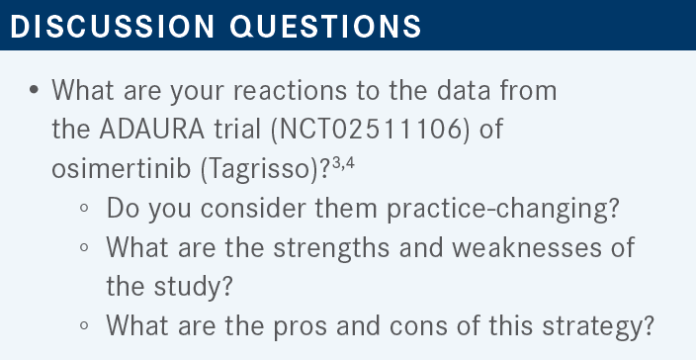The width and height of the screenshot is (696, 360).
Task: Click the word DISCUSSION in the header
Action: tap(112, 26)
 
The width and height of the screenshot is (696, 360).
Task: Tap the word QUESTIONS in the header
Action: tap(325, 26)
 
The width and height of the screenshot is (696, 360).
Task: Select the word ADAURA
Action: tap(152, 130)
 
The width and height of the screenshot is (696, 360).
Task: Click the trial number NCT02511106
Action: tap(369, 130)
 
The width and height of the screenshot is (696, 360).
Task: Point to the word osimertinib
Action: tap(122, 169)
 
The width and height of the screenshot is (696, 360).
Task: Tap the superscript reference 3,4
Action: tap(343, 162)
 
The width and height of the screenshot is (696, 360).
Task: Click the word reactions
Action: tap(290, 91)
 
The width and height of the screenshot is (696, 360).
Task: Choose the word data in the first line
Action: tap(464, 90)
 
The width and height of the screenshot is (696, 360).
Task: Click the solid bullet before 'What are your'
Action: tap(34, 90)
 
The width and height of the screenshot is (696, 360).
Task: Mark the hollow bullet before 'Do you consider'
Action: tap(84, 209)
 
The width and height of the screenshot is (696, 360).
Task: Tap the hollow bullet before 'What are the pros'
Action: tap(84, 325)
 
